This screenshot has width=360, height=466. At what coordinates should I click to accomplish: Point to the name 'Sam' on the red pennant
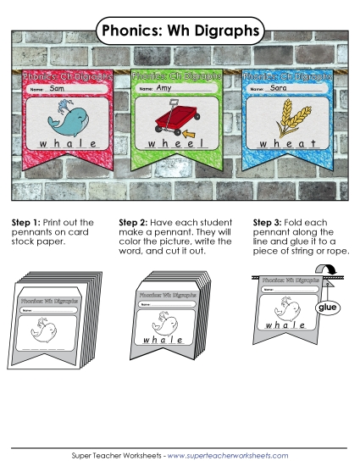click(x=58, y=88)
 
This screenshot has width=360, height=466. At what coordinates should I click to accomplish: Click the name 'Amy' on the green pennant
click(x=164, y=88)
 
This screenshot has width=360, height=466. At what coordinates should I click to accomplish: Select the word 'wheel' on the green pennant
click(x=176, y=144)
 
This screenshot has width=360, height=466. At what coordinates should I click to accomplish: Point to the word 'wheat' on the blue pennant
click(x=289, y=144)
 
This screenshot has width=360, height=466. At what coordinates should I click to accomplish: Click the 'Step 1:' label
click(x=26, y=222)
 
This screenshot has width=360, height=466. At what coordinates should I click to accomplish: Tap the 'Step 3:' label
click(x=269, y=222)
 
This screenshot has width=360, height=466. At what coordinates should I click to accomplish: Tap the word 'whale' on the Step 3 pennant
click(x=285, y=325)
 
